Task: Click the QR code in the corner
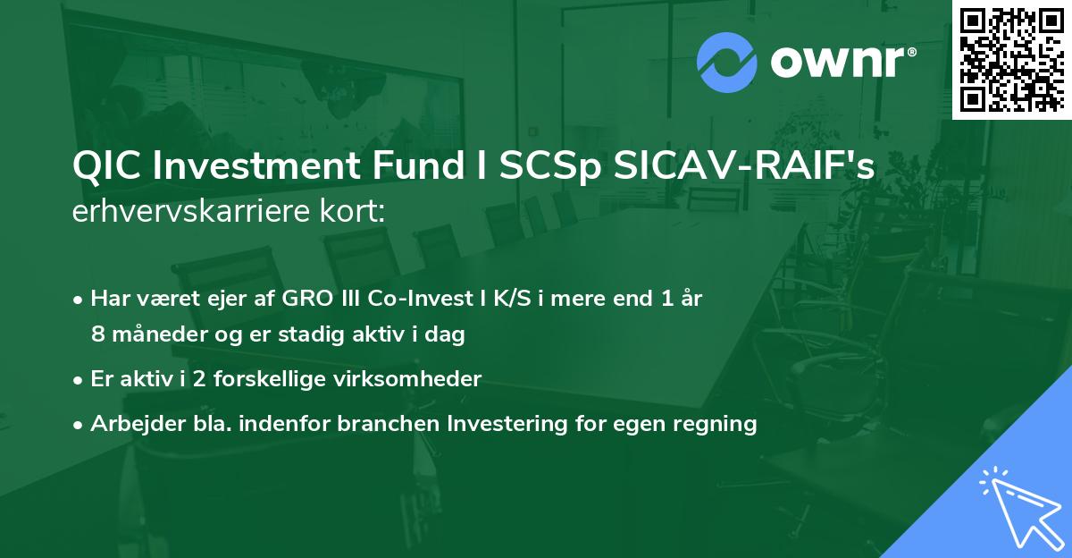click(x=1011, y=60)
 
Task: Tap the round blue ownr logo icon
click(x=727, y=62)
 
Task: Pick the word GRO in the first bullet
click(x=305, y=299)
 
